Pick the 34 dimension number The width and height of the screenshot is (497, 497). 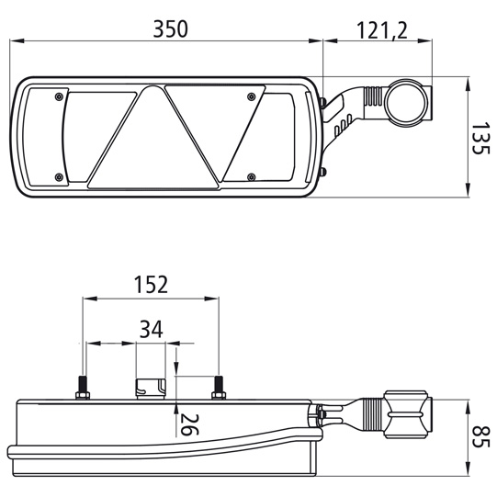(x=152, y=329)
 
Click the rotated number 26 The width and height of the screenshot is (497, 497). (x=189, y=424)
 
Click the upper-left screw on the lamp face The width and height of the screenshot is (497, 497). (x=60, y=96)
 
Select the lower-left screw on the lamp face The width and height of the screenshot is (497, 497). (x=60, y=175)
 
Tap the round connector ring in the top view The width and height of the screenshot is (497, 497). (x=407, y=103)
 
